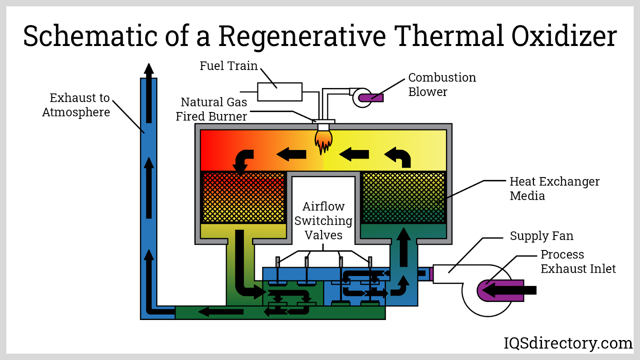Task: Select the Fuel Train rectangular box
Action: click(280, 92)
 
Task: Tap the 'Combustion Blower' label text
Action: click(442, 84)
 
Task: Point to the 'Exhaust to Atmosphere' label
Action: click(76, 105)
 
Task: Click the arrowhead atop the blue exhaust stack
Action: click(149, 69)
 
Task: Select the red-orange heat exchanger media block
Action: click(243, 197)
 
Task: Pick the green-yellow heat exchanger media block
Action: click(403, 197)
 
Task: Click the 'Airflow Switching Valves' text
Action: click(323, 220)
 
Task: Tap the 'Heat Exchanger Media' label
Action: click(554, 188)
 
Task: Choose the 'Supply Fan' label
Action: click(541, 236)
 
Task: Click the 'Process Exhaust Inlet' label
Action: click(578, 262)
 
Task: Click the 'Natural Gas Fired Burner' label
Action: click(212, 109)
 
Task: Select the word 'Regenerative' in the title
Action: click(302, 36)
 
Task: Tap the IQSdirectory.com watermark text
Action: click(568, 343)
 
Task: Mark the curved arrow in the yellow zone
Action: click(398, 156)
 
